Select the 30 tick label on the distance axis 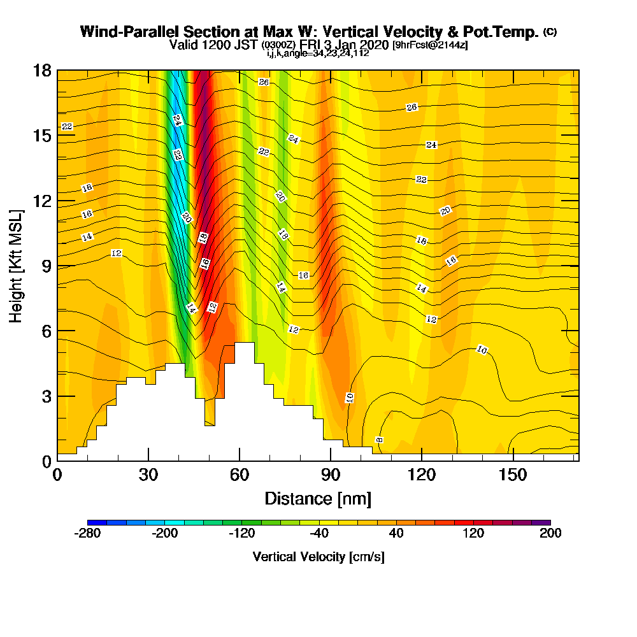(148, 476)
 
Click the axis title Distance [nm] (318, 498)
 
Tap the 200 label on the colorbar (550, 534)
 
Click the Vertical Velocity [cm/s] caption (318, 557)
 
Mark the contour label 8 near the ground (379, 440)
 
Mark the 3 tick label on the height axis (47, 396)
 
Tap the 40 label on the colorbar (396, 534)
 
